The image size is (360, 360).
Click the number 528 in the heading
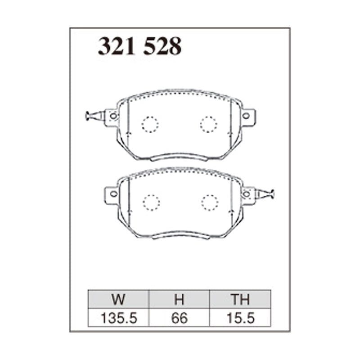[162, 46]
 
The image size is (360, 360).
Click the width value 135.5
[119, 318]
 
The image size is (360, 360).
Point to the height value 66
[180, 318]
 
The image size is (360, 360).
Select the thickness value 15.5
[241, 318]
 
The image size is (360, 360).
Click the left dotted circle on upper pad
[150, 124]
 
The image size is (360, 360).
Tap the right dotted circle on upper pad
[208, 124]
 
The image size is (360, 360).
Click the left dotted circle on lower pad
[152, 202]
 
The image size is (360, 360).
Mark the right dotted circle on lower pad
[210, 202]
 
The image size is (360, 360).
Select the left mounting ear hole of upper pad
[113, 116]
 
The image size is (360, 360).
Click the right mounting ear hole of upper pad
[246, 116]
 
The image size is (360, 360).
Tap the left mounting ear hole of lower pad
[113, 194]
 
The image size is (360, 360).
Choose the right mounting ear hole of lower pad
[246, 194]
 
